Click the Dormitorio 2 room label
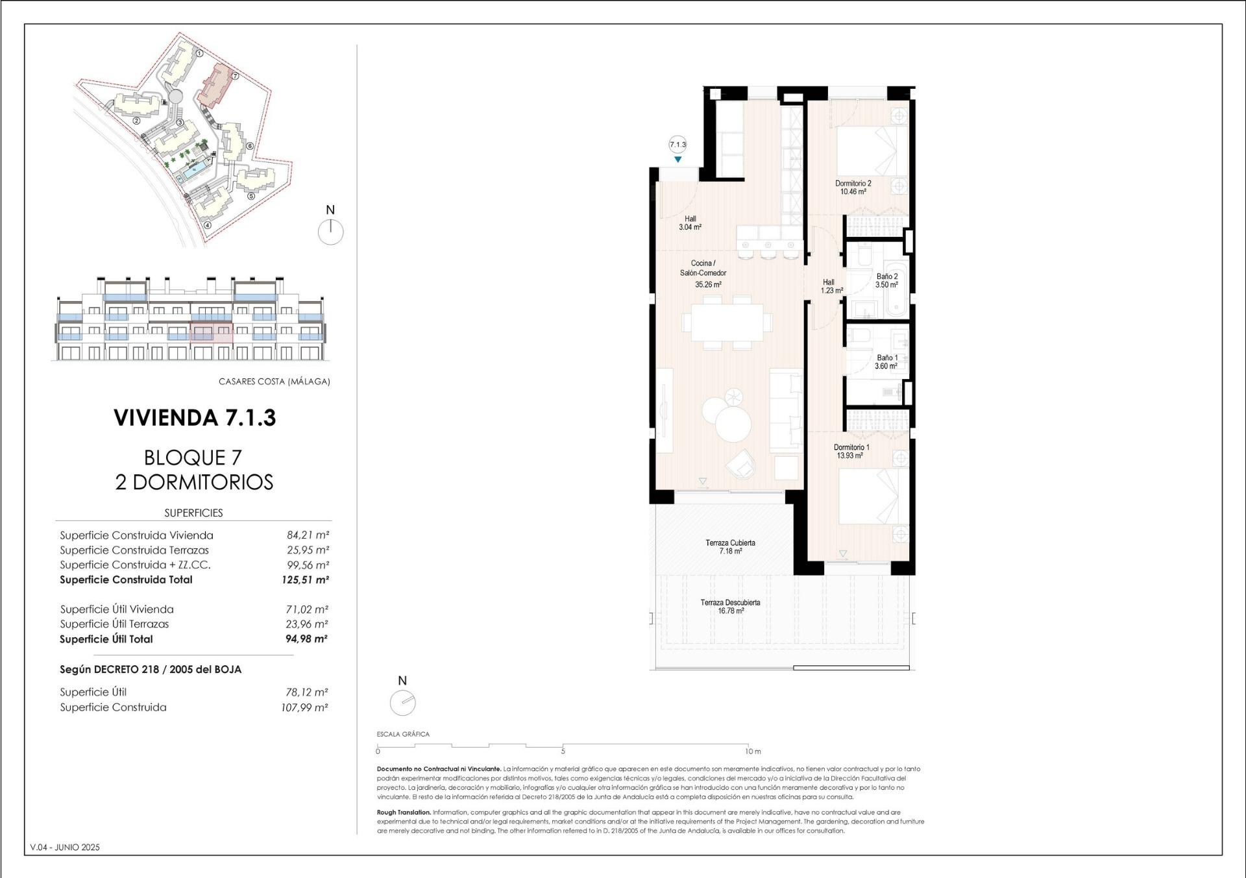853,187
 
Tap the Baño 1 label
886,361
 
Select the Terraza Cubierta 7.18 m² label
730,546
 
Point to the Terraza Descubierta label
730,606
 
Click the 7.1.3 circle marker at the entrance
678,145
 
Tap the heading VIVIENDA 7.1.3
195,417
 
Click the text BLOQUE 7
193,457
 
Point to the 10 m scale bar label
753,751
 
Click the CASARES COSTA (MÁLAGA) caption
274,382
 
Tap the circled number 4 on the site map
207,226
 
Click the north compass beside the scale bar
402,702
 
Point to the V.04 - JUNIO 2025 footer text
65,847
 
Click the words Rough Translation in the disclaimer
403,812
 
